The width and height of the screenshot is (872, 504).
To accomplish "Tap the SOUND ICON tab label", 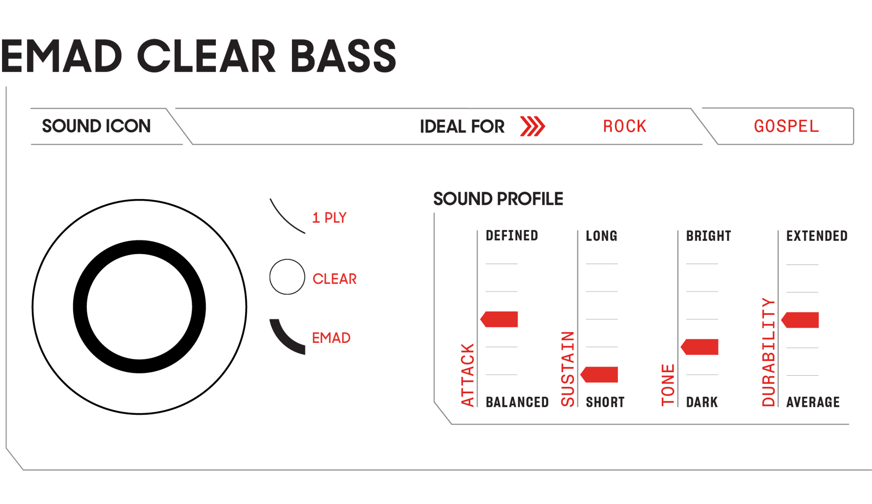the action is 97,126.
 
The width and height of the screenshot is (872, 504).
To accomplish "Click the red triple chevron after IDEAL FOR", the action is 533,127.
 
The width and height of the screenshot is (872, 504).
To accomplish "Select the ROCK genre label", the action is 624,127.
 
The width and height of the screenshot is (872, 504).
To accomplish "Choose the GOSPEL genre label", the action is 786,127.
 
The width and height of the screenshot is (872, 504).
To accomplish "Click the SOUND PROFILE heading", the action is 498,199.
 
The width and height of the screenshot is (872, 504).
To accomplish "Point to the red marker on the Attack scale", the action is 499,319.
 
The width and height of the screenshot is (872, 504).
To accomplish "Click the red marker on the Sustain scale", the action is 599,375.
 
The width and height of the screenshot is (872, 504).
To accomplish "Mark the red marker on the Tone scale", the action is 699,347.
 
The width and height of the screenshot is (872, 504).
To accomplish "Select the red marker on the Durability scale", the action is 800,320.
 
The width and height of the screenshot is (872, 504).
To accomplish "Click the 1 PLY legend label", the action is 329,218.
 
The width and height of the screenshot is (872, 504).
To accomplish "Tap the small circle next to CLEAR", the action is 287,277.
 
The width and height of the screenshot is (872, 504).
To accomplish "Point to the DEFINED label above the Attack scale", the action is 512,236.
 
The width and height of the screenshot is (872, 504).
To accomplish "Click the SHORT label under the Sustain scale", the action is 605,402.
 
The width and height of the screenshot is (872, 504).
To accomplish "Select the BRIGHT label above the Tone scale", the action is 709,236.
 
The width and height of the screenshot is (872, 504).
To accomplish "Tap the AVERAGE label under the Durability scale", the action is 813,402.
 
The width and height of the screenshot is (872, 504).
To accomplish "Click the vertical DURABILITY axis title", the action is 769,352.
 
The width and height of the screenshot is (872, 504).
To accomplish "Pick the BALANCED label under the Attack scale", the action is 517,402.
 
